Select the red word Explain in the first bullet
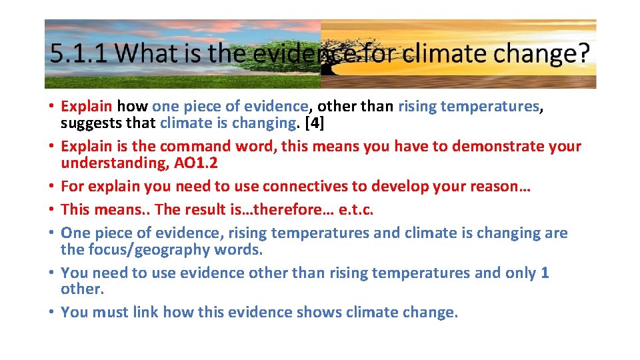click(x=86, y=106)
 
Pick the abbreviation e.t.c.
click(x=353, y=209)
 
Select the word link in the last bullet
click(x=146, y=312)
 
